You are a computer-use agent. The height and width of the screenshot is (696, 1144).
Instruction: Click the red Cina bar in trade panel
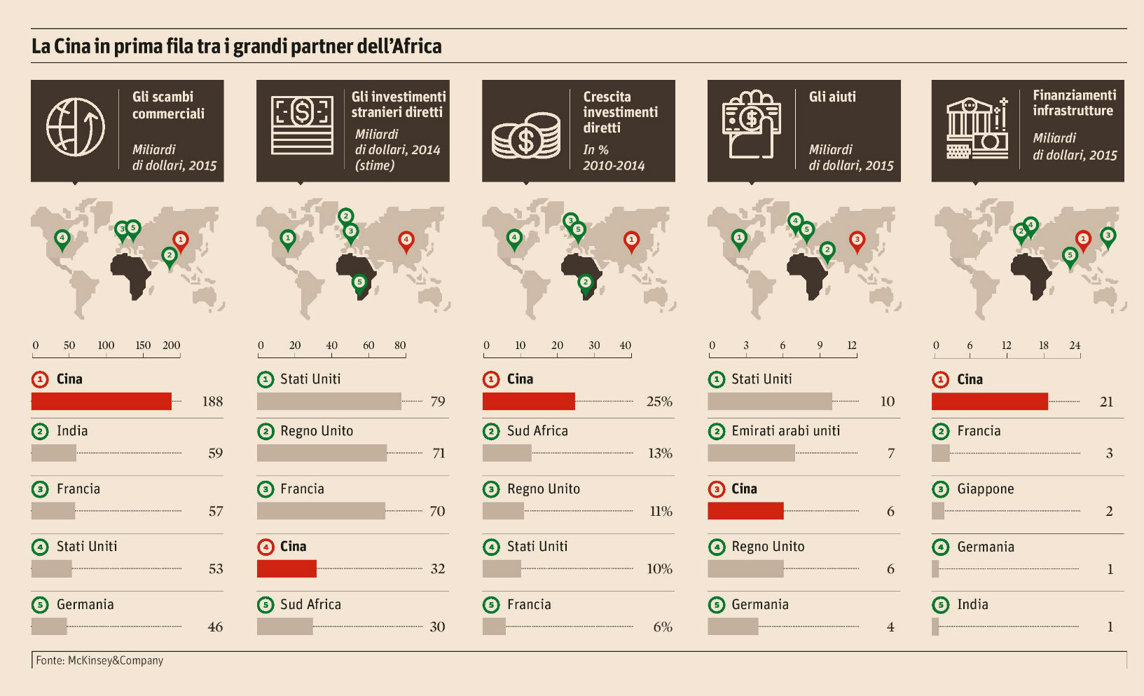point(102,401)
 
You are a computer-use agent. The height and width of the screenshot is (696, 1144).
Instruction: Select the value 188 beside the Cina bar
point(212,402)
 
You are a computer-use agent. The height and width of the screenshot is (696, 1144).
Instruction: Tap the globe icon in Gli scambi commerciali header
point(76,127)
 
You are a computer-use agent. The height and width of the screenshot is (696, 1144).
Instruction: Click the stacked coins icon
point(526,135)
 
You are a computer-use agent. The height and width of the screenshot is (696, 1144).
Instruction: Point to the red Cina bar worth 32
point(287,568)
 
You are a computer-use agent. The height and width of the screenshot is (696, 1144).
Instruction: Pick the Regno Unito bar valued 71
point(322,453)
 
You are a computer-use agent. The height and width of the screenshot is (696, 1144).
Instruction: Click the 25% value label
point(659,402)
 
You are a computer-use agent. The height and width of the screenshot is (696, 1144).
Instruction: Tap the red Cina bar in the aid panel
point(745,511)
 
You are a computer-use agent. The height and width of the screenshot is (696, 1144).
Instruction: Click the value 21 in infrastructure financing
point(1106,402)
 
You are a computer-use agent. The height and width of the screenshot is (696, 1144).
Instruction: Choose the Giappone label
point(985,489)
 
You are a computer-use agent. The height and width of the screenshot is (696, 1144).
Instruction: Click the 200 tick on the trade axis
point(172,346)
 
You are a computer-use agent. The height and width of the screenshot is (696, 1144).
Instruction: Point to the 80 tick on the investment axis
point(400,346)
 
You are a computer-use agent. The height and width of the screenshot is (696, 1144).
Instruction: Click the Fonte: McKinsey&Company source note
point(99,660)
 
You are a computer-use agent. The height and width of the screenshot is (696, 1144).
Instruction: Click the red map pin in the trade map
point(180,240)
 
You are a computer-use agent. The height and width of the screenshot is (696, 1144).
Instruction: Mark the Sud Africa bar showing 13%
point(507,453)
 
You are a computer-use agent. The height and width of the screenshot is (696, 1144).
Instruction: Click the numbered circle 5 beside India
point(940,605)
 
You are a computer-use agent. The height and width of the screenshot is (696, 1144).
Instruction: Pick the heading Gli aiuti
point(832,97)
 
